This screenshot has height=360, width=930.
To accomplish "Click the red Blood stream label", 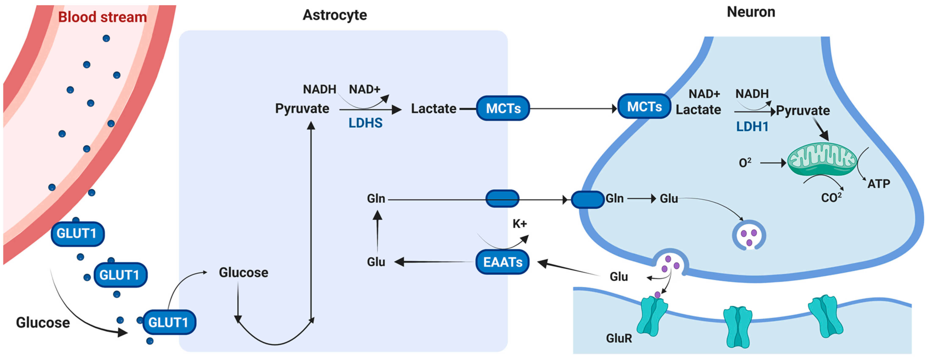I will (x=102, y=17).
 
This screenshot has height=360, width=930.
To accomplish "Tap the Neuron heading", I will (x=751, y=12).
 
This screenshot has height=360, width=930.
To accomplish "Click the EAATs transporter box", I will (x=503, y=262).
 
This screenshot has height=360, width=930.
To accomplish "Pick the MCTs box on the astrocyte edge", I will (x=503, y=108).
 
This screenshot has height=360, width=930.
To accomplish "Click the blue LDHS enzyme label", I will (x=365, y=123).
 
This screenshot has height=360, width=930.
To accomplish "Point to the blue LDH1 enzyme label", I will (x=752, y=127).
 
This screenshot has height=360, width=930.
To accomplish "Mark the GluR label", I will (x=619, y=338).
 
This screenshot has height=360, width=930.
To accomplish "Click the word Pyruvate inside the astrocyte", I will (x=302, y=108).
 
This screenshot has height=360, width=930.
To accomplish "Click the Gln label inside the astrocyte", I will (x=376, y=199).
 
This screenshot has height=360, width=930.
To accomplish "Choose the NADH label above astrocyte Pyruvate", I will (x=319, y=89).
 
